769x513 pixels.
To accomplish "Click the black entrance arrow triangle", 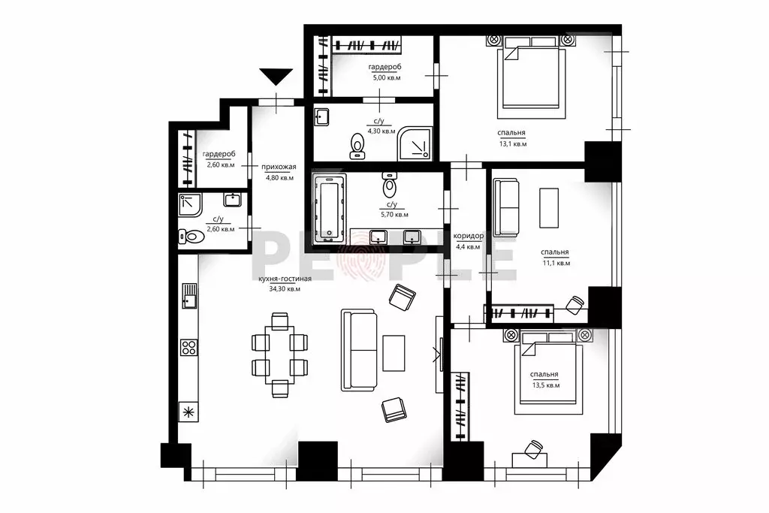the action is click(x=276, y=77).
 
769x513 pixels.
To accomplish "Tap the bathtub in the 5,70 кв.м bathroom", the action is click(x=330, y=208).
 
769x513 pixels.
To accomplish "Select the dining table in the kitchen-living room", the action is click(x=280, y=354).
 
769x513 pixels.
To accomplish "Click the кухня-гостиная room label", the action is click(x=285, y=279).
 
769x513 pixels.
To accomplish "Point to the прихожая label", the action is click(x=279, y=167).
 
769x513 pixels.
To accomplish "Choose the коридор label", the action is click(x=469, y=236).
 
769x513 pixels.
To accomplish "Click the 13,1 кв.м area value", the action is click(x=512, y=143).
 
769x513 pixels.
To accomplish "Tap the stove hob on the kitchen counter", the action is click(x=189, y=347).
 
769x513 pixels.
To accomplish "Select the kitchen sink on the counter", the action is click(x=189, y=296).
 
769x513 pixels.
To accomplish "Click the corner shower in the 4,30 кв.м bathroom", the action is click(x=415, y=143).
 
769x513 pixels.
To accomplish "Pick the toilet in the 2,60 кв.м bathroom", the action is click(x=191, y=237).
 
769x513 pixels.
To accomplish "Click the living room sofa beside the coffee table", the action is click(x=359, y=350).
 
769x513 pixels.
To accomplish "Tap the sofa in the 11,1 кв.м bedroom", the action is click(x=506, y=207).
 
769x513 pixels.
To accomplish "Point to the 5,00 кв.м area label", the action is click(x=387, y=77).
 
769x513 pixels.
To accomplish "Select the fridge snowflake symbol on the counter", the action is click(x=188, y=412).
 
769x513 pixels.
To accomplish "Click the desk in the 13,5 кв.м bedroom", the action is click(x=529, y=460).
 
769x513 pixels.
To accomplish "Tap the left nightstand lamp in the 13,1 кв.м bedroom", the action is click(x=493, y=39).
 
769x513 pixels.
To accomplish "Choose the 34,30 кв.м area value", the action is click(x=285, y=289).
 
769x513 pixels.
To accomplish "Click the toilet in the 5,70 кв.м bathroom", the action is click(x=390, y=183).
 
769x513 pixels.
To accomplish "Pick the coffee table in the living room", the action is click(x=394, y=353).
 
